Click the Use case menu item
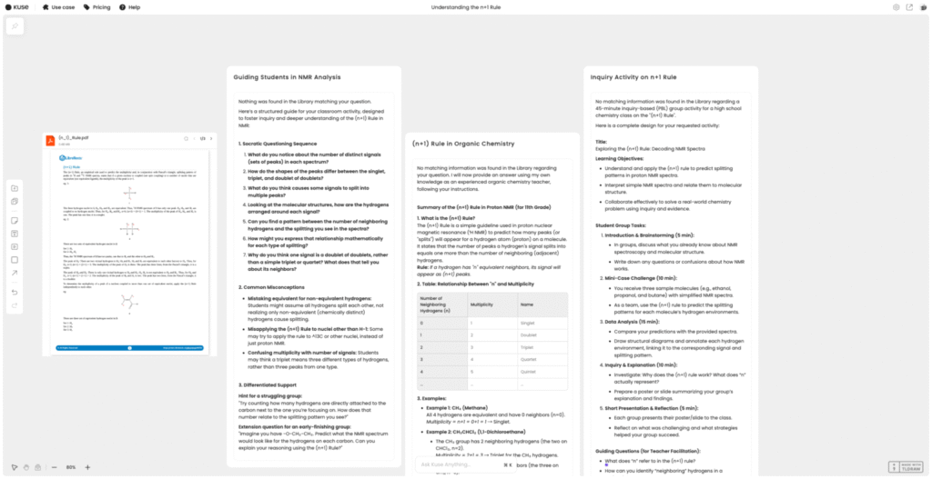tap(61, 7)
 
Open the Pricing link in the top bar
tap(99, 7)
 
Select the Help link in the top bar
tap(133, 7)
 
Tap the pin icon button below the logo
tap(15, 26)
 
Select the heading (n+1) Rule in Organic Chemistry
tap(464, 144)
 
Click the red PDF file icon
tap(52, 141)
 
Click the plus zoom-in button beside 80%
tap(87, 467)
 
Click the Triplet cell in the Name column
tap(527, 346)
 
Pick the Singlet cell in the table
tap(527, 323)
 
